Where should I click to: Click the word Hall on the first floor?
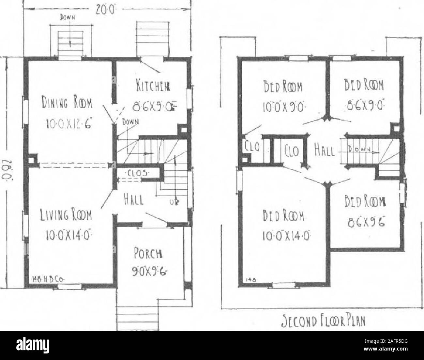[x=136, y=198]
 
